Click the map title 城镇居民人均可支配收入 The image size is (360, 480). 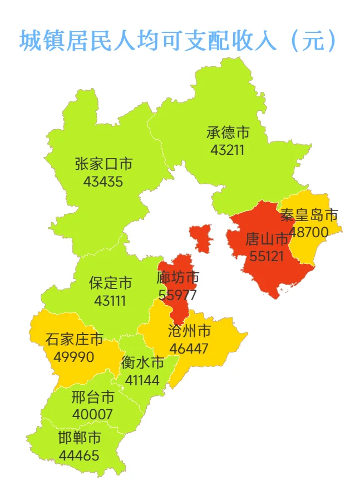coord(178,41)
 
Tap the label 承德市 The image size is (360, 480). coord(228,133)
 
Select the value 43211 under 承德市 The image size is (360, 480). coord(228,149)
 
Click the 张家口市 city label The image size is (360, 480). coord(103,164)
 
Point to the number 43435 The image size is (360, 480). coord(103,182)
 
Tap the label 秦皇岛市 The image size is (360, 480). coord(309,215)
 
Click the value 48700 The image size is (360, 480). coord(309,232)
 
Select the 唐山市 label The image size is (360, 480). coord(267,239)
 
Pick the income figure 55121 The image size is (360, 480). coord(267,256)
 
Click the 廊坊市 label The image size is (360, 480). coord(178,277)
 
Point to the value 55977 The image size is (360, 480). coord(178,295)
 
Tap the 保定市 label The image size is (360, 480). coord(111,283)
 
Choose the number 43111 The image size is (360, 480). coord(110,301)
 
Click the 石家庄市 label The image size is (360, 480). coord(75,339)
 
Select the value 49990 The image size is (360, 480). coord(75,356)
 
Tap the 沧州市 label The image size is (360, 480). coord(189,331)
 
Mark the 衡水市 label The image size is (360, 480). coord(142,363)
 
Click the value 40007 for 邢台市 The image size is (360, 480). coord(92,415)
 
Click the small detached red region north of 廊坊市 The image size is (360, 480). coord(201,237)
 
